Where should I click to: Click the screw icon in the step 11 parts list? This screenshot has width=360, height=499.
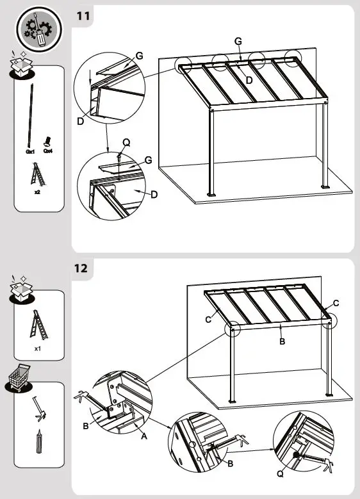47,140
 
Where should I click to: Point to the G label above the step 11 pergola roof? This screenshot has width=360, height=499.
238,41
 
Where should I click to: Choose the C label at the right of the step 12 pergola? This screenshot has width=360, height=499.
336,302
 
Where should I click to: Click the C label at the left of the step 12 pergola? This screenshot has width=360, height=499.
208,318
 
